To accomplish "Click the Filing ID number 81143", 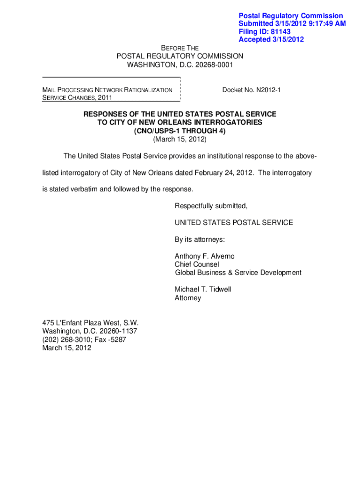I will coord(280,32).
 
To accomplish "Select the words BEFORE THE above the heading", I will coord(180,48).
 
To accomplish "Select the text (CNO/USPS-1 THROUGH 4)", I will coord(180,131).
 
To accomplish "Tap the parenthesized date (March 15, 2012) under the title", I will coord(180,139).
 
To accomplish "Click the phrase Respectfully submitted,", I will coord(211,206).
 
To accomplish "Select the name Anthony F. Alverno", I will coord(205,256).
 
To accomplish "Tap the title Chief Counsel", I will coord(196,264).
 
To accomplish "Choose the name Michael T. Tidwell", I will coord(203,290).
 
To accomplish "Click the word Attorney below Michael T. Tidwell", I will coord(188,298).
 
